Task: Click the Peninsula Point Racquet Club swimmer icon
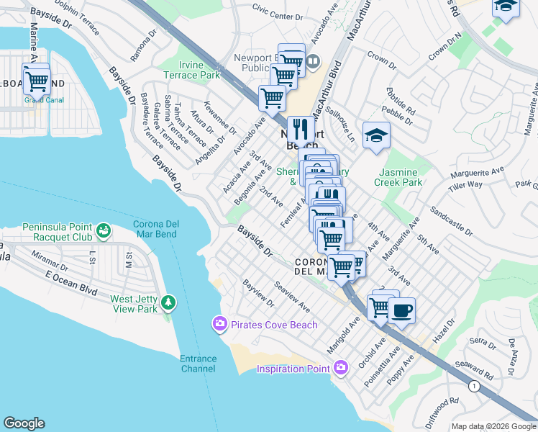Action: [105, 231]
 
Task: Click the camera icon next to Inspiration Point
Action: [341, 368]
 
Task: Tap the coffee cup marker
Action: [401, 311]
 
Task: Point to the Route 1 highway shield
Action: [473, 387]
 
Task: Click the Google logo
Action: [24, 423]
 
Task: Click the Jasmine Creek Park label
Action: [398, 178]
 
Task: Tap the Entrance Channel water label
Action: [198, 364]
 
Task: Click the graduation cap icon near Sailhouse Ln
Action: [376, 135]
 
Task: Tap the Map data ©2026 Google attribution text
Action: [493, 426]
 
